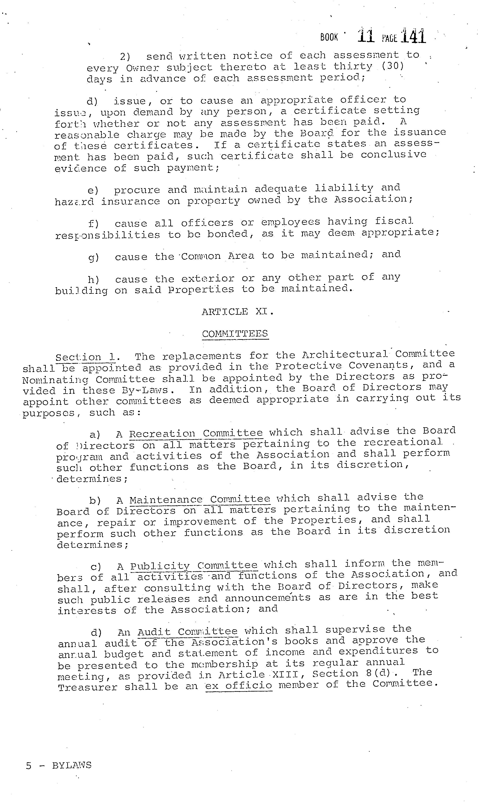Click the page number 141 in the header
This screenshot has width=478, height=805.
pyautogui.click(x=414, y=36)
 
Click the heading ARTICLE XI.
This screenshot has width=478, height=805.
pyautogui.click(x=238, y=312)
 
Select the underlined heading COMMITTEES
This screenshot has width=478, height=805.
pyautogui.click(x=235, y=334)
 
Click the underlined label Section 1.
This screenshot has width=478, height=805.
pyautogui.click(x=88, y=357)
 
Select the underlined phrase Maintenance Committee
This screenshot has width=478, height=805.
pyautogui.click(x=200, y=500)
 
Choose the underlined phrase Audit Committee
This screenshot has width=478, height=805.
pyautogui.click(x=187, y=632)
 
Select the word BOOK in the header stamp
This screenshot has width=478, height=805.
pyautogui.click(x=329, y=37)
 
